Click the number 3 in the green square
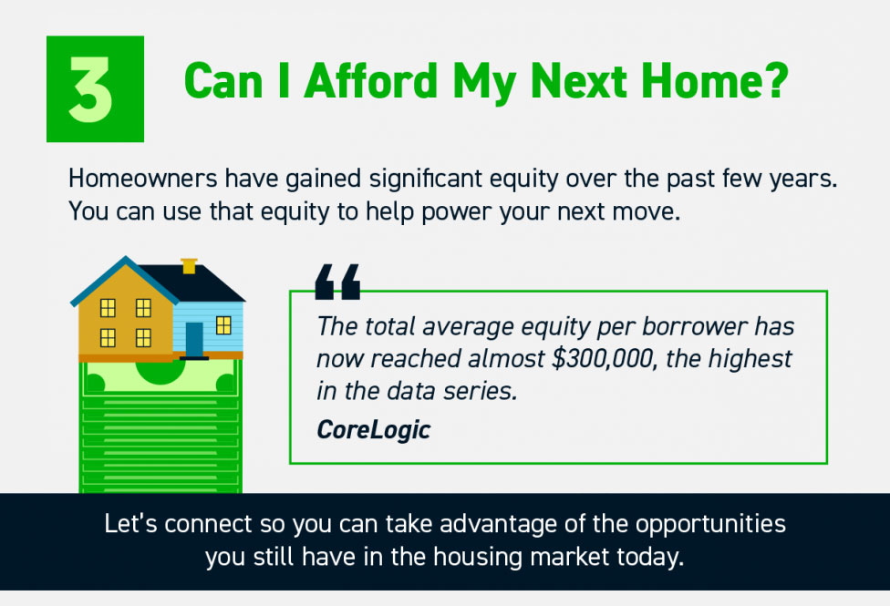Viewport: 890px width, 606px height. tap(95, 89)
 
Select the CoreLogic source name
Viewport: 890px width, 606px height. tap(373, 429)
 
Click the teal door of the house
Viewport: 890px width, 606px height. tap(194, 339)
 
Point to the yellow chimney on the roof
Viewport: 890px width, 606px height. tap(190, 266)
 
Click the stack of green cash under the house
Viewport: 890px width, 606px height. tap(160, 428)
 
